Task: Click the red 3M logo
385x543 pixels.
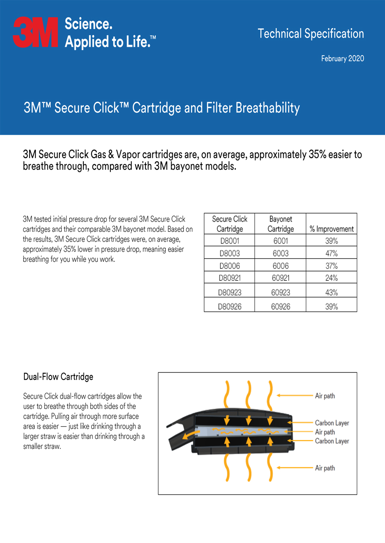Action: click(x=36, y=32)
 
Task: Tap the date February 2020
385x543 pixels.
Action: click(x=343, y=59)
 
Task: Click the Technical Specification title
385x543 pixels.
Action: click(x=311, y=33)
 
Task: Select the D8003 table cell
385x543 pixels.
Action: click(x=229, y=253)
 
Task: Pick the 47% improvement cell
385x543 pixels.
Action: click(x=332, y=253)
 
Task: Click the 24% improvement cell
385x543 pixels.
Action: click(x=332, y=278)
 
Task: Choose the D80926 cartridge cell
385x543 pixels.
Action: click(x=229, y=307)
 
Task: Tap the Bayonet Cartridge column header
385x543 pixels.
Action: click(x=281, y=224)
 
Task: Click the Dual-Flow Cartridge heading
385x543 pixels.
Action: click(x=58, y=377)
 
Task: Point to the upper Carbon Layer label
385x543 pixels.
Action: click(x=332, y=423)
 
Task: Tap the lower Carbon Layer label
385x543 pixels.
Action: click(x=332, y=441)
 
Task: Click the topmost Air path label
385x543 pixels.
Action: click(x=325, y=396)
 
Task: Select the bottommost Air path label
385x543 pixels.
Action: click(x=325, y=468)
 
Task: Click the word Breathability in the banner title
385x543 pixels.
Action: click(x=268, y=108)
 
